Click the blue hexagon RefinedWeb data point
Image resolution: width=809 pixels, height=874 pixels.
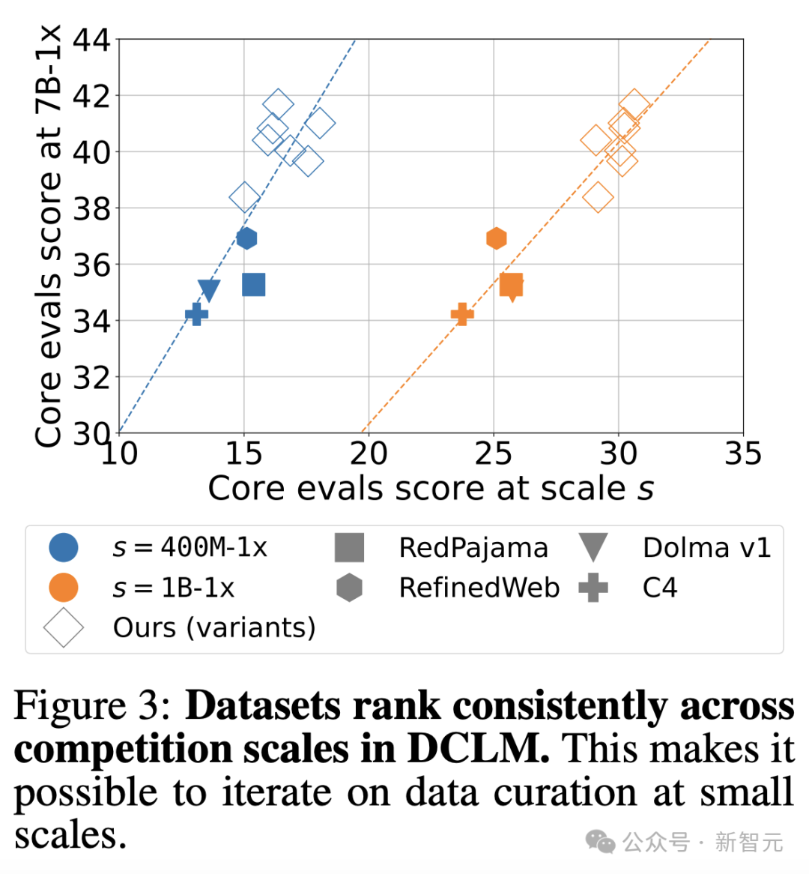pyautogui.click(x=246, y=238)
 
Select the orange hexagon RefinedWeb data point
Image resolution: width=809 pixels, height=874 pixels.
pyautogui.click(x=496, y=238)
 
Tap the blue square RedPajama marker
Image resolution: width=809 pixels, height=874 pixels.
pyautogui.click(x=254, y=285)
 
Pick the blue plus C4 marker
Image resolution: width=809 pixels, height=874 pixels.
pyautogui.click(x=196, y=314)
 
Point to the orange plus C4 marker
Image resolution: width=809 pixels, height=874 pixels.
pyautogui.click(x=462, y=314)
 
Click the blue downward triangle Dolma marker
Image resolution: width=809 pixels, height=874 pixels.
pyautogui.click(x=209, y=290)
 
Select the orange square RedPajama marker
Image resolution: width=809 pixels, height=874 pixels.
pyautogui.click(x=511, y=285)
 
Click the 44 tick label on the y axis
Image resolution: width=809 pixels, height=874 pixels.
pyautogui.click(x=91, y=40)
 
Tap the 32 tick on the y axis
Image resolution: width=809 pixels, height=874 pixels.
pyautogui.click(x=91, y=377)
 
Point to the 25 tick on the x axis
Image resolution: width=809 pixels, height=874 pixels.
pyautogui.click(x=493, y=454)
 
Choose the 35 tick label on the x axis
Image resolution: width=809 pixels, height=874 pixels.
pyautogui.click(x=742, y=454)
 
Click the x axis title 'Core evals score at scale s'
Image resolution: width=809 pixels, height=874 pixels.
pyautogui.click(x=431, y=489)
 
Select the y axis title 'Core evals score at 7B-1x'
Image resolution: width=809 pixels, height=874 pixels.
pyautogui.click(x=48, y=236)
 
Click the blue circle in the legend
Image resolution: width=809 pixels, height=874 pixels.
pyautogui.click(x=64, y=548)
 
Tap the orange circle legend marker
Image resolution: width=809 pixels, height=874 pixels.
pyautogui.click(x=64, y=588)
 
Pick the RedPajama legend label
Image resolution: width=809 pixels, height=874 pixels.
pyautogui.click(x=473, y=548)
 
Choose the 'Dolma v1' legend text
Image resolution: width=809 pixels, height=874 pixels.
pyautogui.click(x=706, y=548)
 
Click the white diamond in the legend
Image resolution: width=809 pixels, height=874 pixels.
pyautogui.click(x=64, y=627)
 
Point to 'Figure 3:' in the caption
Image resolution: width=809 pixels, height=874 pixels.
pyautogui.click(x=93, y=705)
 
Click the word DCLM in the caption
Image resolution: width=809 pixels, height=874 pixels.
pyautogui.click(x=478, y=749)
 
